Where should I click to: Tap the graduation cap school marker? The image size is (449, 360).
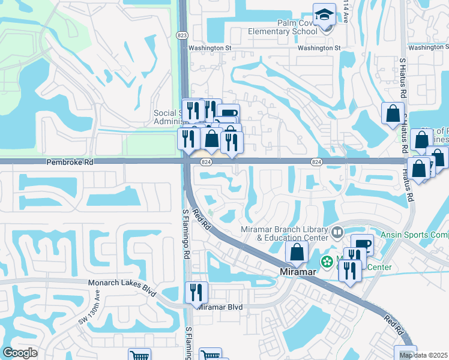325,15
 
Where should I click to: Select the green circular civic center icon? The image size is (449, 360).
327,262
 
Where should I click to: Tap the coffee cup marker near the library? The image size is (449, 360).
362,244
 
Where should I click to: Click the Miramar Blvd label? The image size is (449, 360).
220,307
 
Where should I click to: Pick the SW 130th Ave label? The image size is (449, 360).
91,308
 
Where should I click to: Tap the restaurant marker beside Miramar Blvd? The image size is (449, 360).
196,292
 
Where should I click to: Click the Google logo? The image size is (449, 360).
20,353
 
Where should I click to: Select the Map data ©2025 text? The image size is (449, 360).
423,355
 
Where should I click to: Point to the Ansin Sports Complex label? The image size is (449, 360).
418,235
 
